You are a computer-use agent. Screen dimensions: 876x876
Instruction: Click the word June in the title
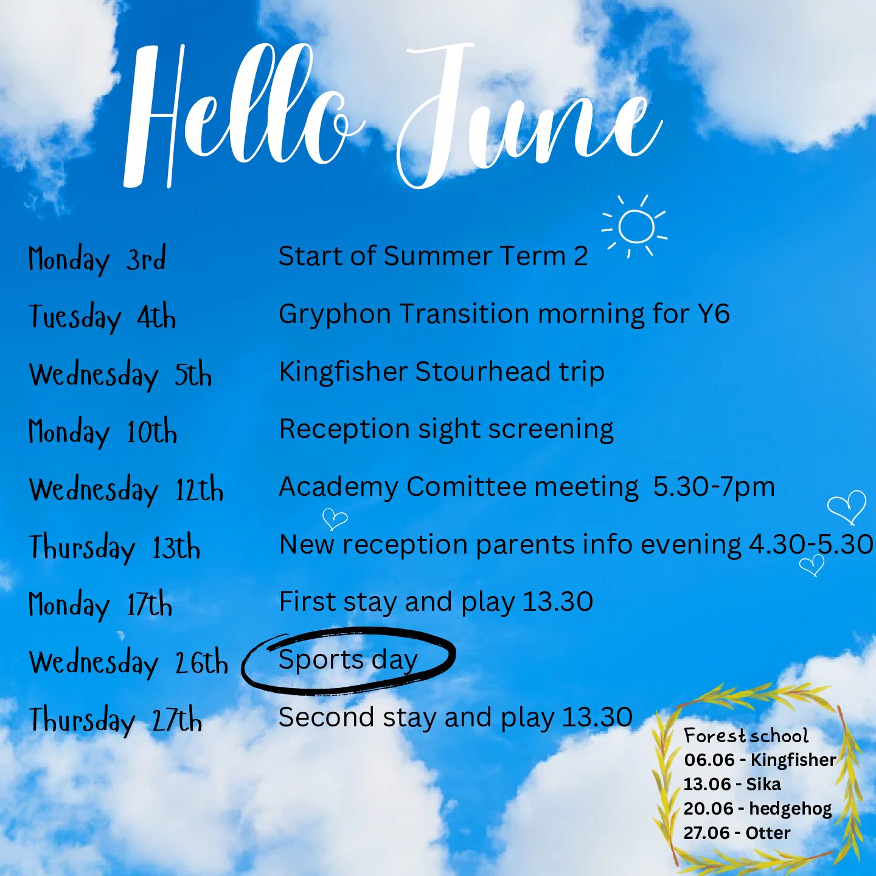point(530,116)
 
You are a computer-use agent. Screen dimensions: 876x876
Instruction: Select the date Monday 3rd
point(97,259)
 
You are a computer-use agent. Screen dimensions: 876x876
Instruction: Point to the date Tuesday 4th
point(102,317)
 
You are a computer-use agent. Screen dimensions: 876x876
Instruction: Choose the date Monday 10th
point(103,432)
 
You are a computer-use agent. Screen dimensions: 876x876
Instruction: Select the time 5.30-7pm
point(714,487)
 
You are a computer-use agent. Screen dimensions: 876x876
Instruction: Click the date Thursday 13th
point(114,547)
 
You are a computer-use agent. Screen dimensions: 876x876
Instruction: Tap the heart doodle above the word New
point(335,519)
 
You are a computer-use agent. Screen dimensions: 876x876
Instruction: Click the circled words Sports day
point(348,659)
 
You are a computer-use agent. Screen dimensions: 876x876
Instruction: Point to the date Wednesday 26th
point(128,662)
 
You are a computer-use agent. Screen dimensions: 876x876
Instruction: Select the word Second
point(327,717)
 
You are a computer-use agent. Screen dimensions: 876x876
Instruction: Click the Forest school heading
point(746,736)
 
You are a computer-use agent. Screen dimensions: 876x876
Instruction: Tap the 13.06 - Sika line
point(732,784)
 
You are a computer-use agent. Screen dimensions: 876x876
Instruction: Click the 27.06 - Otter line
point(737,833)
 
